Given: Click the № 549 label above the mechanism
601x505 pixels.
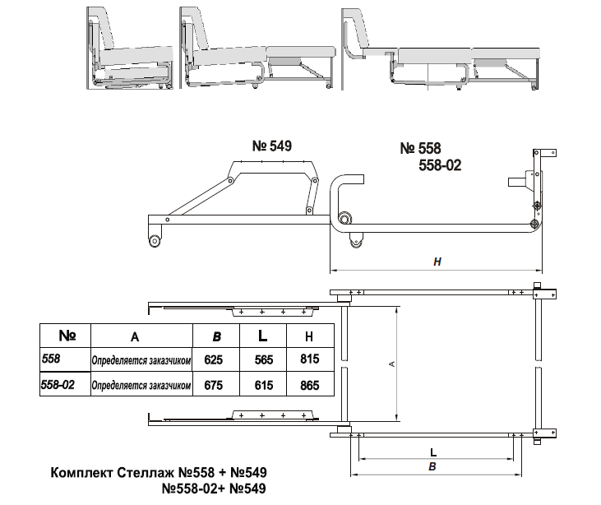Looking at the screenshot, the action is [272, 146].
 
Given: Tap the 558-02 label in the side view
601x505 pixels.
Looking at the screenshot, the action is [440, 165].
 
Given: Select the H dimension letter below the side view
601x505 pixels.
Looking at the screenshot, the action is [437, 262].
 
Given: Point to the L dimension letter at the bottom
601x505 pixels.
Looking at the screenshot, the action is [433, 452].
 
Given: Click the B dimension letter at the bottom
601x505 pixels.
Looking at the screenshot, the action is [432, 466].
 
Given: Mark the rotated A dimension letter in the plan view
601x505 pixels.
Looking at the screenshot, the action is [391, 364].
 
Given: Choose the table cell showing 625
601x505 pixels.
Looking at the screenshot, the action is [214, 359].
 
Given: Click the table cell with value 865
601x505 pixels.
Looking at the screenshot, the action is [310, 385].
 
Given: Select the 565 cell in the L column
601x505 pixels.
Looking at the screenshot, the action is [264, 359].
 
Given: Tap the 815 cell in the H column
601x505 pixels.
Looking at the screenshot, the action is [310, 359].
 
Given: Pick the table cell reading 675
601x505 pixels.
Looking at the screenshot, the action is [214, 385].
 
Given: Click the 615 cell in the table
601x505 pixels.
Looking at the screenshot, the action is [264, 385].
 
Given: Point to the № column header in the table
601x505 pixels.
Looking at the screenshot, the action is [67, 336].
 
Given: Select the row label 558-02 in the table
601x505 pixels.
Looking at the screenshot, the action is [58, 384].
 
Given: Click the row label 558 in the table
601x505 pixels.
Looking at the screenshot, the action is [51, 359].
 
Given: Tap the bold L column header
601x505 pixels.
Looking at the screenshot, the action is [262, 336].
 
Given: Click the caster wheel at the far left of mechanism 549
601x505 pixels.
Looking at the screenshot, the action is [155, 241].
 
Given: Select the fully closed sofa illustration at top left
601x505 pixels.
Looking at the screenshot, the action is [130, 49].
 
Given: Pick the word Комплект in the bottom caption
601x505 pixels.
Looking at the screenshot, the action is [81, 472].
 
